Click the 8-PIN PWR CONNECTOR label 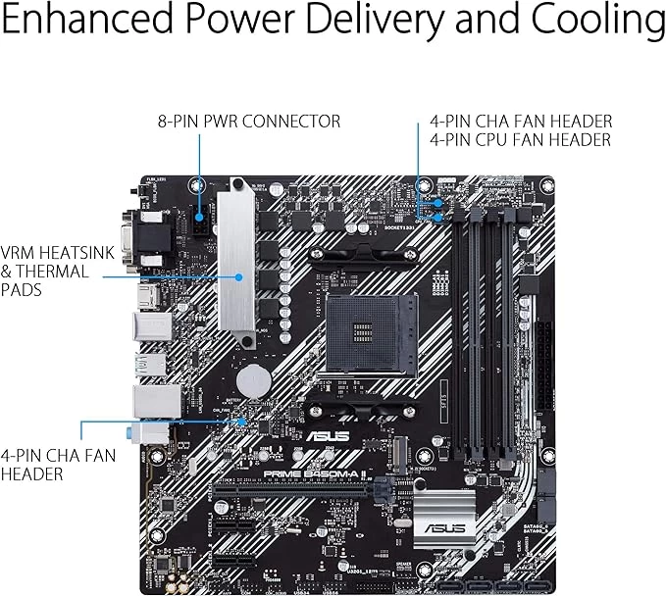coord(249,122)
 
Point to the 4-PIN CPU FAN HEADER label coord(520,140)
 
